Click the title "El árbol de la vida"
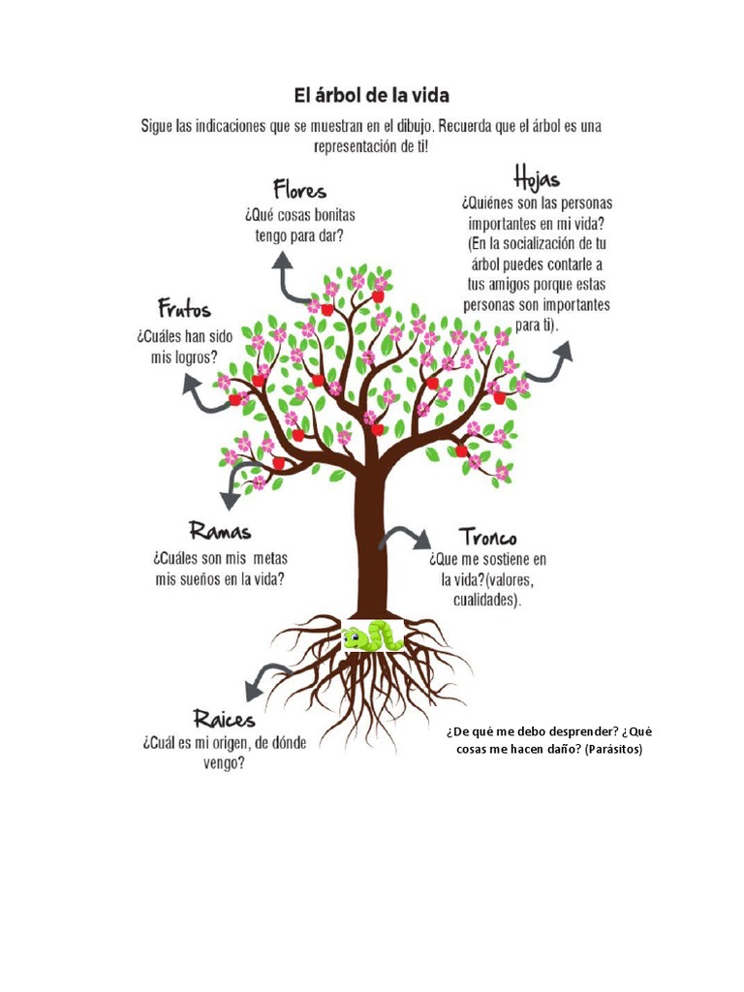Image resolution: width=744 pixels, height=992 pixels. coord(372,96)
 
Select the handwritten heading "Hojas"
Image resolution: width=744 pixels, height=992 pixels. coord(536,180)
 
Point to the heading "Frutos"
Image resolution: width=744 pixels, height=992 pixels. coord(184,310)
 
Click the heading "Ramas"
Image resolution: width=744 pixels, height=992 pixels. coord(221,531)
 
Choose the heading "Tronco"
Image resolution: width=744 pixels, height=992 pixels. coord(487,536)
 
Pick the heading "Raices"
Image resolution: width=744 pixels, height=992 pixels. coord(224,719)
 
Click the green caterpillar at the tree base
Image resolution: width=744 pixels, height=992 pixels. coord(372,636)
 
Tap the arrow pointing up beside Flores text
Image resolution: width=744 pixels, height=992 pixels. coord(289,277)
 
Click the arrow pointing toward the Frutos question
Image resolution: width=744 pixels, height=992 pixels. coord(201,394)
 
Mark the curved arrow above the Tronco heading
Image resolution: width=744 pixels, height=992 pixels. coord(405,538)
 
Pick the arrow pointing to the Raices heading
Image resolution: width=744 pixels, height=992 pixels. coord(265,680)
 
